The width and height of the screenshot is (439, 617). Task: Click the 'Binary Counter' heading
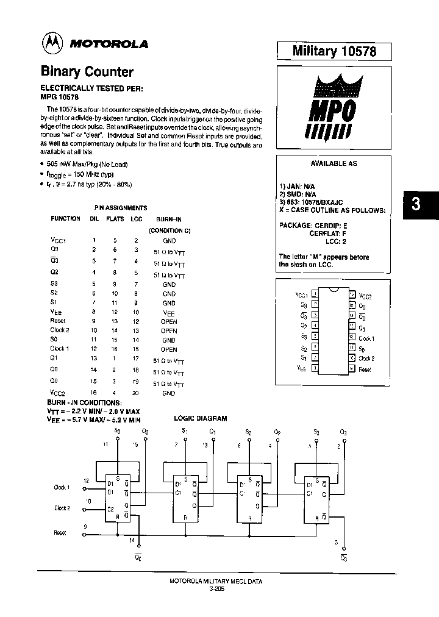point(87,71)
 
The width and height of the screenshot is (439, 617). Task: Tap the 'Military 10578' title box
point(334,51)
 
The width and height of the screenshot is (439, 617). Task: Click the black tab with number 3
point(416,204)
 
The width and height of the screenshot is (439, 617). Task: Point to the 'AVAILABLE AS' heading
point(334,164)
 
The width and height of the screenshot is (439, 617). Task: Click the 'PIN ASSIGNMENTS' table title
point(121,208)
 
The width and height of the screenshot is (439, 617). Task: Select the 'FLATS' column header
point(115,218)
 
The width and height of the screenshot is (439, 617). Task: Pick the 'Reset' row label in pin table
point(58,321)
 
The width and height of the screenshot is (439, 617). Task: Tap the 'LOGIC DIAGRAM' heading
point(201,418)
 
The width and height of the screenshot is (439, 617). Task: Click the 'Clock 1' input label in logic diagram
point(62,487)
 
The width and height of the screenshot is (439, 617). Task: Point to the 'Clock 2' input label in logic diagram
point(62,508)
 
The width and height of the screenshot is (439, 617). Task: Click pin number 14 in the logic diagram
point(131,540)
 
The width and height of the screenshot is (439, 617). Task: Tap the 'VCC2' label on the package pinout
point(365,296)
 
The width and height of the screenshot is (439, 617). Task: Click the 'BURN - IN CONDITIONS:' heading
point(85,402)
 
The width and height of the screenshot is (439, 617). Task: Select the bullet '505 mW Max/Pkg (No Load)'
point(87,164)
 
